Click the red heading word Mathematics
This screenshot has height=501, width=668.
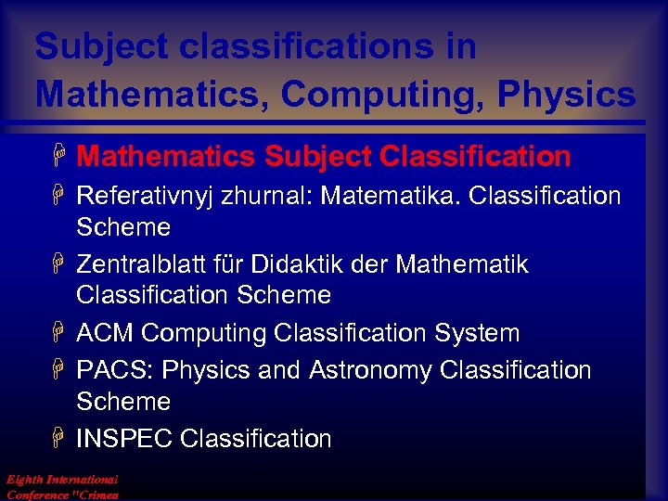tap(167, 157)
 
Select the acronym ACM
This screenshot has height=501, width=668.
tap(105, 333)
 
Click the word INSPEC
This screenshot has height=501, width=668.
tap(125, 438)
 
